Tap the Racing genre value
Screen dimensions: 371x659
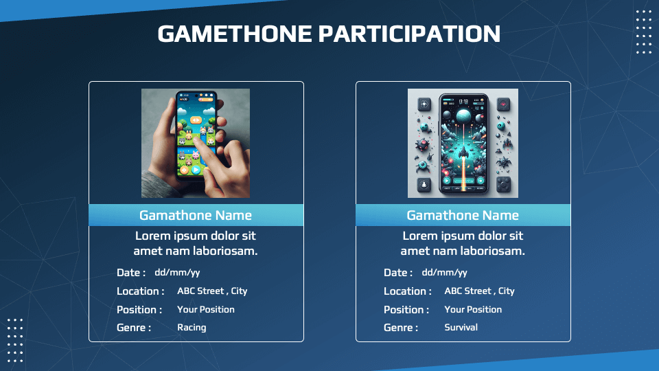(x=192, y=328)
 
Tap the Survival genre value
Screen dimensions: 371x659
(x=461, y=328)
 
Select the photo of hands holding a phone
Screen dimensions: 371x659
(x=196, y=143)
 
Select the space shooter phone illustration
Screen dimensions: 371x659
(x=463, y=143)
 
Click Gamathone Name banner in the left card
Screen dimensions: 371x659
(x=196, y=215)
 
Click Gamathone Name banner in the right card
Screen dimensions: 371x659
(x=463, y=215)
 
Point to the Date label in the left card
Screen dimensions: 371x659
(x=131, y=273)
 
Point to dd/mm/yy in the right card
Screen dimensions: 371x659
(x=444, y=273)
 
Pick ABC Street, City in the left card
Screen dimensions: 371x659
(x=212, y=291)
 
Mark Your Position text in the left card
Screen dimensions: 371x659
(x=206, y=310)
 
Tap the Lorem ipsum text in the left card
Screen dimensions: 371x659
(x=196, y=243)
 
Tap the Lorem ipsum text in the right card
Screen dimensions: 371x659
(x=463, y=243)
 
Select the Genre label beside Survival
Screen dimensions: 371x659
(x=401, y=328)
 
